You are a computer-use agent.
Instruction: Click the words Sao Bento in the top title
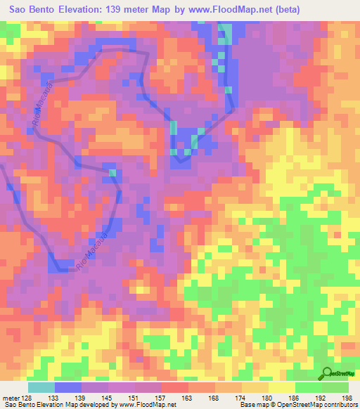coord(32,10)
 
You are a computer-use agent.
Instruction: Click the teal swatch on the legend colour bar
coord(41,387)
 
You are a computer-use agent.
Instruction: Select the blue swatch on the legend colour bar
coord(68,387)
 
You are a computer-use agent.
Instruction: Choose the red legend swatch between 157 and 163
coord(175,387)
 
